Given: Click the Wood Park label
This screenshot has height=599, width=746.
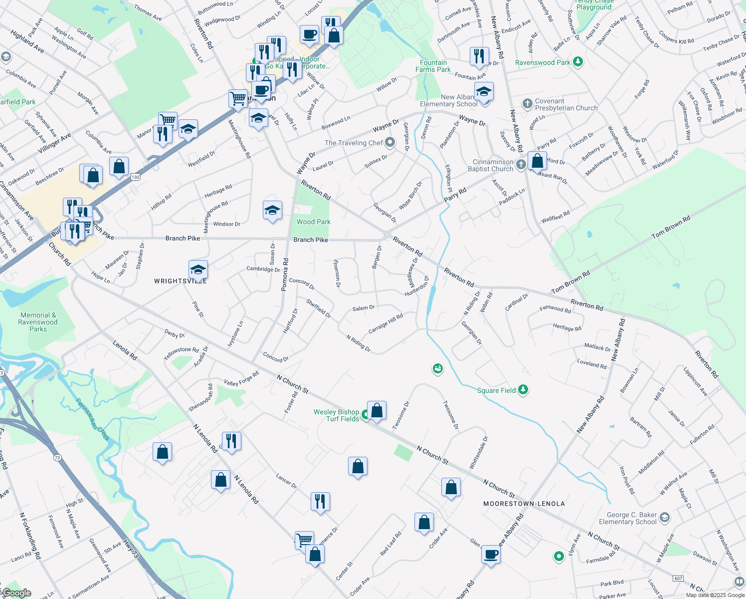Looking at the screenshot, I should pos(313,222).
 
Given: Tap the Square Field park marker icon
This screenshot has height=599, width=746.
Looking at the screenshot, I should pos(523,389).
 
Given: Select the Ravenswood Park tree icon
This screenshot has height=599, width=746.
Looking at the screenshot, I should pos(578,62).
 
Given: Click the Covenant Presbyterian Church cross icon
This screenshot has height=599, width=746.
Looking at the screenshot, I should pos(527,104).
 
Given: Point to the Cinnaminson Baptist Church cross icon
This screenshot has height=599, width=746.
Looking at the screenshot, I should pos(521,165).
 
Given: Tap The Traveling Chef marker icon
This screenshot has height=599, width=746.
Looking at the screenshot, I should pos(390,143).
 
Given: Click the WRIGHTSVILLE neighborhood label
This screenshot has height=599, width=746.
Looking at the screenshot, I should pos(180,281).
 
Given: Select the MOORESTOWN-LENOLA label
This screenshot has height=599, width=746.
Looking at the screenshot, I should pos(524,504).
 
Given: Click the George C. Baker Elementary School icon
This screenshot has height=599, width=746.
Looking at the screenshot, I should pos(664,518).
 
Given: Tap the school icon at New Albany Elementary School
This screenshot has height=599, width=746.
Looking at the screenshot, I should pos(483,92).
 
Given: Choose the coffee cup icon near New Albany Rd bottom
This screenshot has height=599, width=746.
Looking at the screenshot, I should pos(491,554).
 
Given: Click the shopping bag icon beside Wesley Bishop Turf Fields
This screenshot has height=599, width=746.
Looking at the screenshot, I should pos(377,410).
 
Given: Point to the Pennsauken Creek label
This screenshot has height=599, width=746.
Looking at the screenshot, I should pos(93,419).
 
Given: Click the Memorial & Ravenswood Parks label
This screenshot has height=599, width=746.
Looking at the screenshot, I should pos(38,322).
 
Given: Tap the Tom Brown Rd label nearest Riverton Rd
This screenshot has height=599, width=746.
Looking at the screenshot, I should pos(570,282).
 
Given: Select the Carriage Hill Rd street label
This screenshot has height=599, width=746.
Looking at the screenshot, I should pos(385,324).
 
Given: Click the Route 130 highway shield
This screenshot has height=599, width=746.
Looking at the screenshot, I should pos(135,177).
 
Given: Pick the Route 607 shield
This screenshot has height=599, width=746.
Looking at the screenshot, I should pos(678,579).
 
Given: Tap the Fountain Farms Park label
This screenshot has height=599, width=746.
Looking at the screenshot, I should pos(433,66).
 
